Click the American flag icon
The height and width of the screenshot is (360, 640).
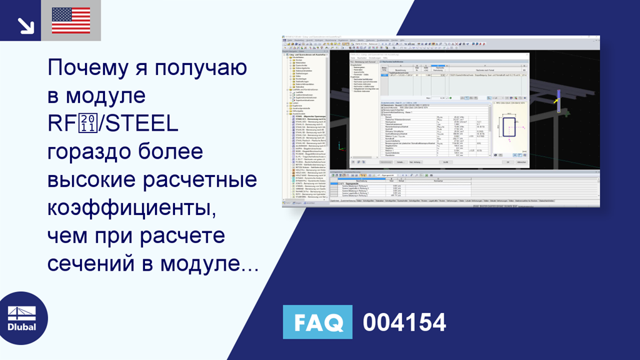[71, 21]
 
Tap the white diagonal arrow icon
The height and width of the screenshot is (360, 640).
[24, 24]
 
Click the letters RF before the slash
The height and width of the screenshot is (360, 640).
[61, 124]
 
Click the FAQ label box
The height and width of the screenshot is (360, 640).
[317, 322]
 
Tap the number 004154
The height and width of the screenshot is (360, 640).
[404, 322]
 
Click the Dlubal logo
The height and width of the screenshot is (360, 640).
[21, 319]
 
